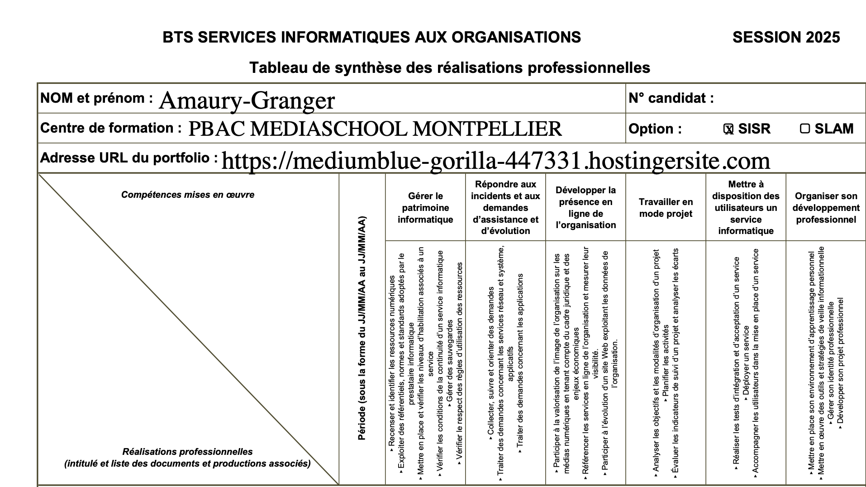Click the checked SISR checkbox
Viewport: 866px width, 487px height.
coord(728,129)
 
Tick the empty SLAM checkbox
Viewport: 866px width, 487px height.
coord(804,129)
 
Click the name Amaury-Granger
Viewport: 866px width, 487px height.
coord(247,100)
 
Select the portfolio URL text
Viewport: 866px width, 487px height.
coord(495,161)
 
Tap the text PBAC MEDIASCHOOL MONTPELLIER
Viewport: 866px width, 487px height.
coord(375,129)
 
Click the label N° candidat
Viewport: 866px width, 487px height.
coord(671,98)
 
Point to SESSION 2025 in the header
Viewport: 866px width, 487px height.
coord(786,37)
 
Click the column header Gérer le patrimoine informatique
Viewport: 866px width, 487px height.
coord(425,208)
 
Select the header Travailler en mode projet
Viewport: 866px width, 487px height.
coord(666,208)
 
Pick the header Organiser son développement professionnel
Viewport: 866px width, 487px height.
coord(826,208)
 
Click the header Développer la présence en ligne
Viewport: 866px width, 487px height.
coord(585,208)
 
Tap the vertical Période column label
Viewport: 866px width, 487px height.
coord(362,328)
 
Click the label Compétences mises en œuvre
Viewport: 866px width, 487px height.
coord(187,195)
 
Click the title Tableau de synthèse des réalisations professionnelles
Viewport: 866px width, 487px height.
coord(449,68)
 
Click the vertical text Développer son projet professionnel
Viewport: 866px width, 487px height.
coord(841,362)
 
